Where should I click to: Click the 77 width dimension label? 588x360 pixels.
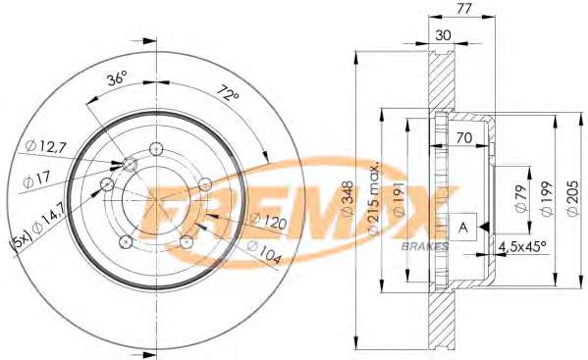463,9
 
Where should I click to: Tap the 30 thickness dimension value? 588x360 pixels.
443,35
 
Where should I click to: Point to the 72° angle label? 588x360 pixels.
227,93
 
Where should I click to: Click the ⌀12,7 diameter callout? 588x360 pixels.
46,146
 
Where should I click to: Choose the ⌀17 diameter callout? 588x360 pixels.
36,180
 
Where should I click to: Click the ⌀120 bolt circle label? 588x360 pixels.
268,221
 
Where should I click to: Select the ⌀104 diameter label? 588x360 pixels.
264,252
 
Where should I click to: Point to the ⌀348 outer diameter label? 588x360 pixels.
348,198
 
